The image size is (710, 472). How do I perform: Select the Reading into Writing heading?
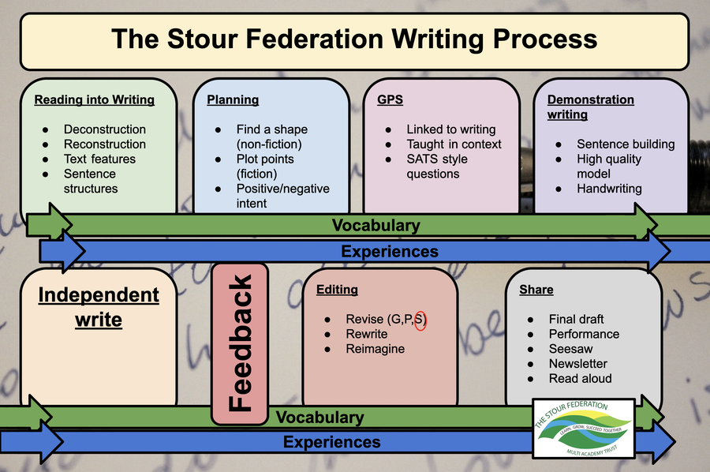(x=94, y=99)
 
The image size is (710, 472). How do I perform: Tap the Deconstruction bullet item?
(x=105, y=129)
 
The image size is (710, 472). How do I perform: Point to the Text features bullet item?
(x=99, y=159)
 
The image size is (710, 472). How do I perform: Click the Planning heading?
(x=233, y=99)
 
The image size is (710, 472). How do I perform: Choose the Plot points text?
(x=265, y=159)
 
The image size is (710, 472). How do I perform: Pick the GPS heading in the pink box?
(x=390, y=99)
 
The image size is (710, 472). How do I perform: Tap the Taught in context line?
(x=454, y=144)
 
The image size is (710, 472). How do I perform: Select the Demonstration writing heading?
(x=590, y=107)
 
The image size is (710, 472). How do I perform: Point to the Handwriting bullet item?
(x=609, y=189)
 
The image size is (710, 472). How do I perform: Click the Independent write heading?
(x=99, y=307)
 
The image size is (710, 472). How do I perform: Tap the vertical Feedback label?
(x=240, y=343)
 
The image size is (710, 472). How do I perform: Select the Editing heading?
(x=337, y=290)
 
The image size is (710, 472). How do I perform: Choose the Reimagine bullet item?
(x=375, y=349)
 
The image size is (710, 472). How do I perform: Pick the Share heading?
(x=536, y=290)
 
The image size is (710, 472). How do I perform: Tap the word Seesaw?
(x=570, y=349)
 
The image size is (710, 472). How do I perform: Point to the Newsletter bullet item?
(x=577, y=364)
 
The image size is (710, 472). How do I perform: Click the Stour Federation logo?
(x=584, y=428)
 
